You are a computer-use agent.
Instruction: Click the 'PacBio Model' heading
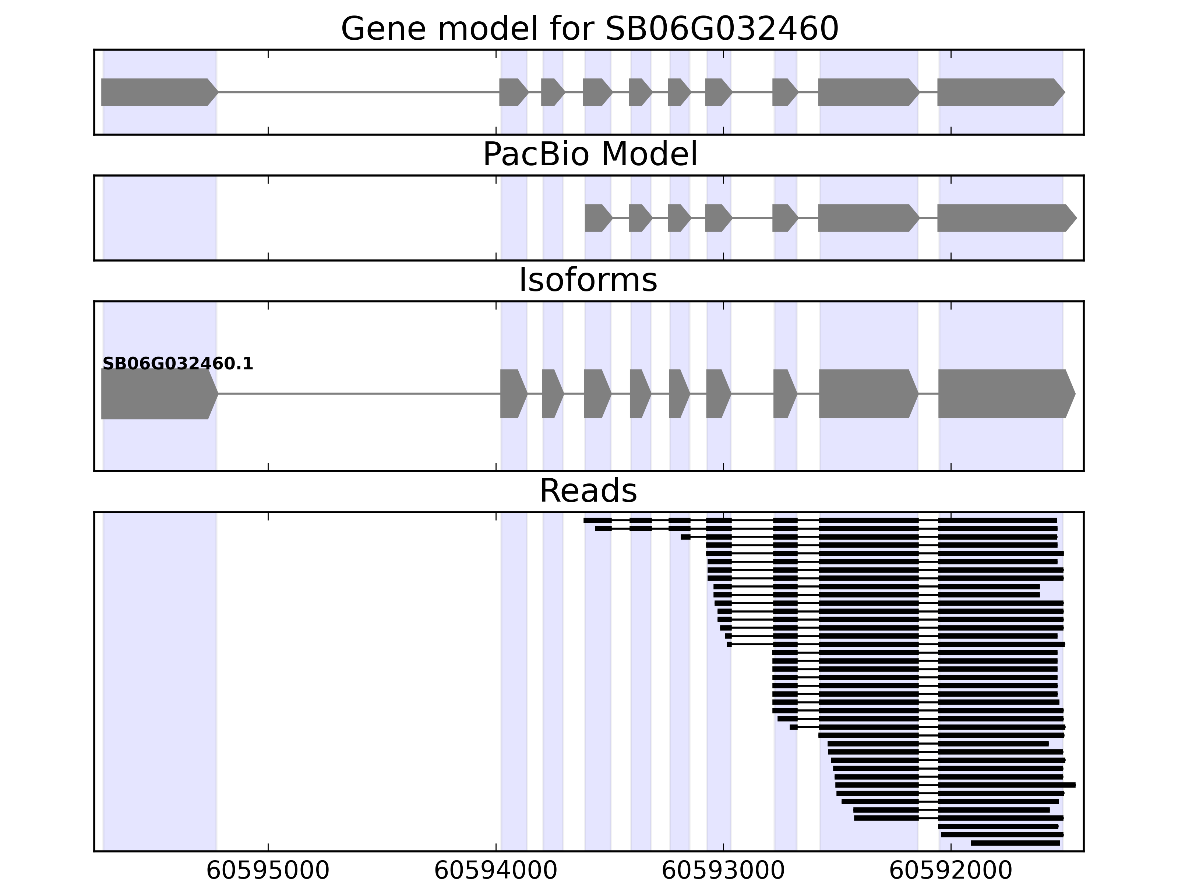pyautogui.click(x=589, y=155)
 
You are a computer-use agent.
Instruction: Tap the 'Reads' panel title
pyautogui.click(x=588, y=491)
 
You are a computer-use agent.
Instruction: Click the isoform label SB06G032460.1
pyautogui.click(x=177, y=364)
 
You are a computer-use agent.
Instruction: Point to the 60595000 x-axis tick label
pyautogui.click(x=268, y=871)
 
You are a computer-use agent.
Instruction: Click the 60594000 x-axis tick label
pyautogui.click(x=496, y=871)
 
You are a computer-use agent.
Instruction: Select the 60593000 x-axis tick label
pyautogui.click(x=723, y=871)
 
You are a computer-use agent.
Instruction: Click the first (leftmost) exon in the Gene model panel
pyautogui.click(x=157, y=92)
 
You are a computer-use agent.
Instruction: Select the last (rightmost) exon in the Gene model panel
pyautogui.click(x=998, y=92)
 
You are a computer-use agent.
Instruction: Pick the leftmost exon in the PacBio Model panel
pyautogui.click(x=597, y=218)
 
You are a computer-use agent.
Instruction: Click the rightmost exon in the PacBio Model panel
pyautogui.click(x=1004, y=218)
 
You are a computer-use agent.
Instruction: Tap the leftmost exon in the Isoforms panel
pyautogui.click(x=157, y=394)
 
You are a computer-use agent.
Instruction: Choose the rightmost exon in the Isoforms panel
pyautogui.click(x=1004, y=394)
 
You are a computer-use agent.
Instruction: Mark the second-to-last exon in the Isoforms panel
pyautogui.click(x=867, y=394)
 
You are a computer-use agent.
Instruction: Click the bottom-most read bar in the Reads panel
pyautogui.click(x=1015, y=843)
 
